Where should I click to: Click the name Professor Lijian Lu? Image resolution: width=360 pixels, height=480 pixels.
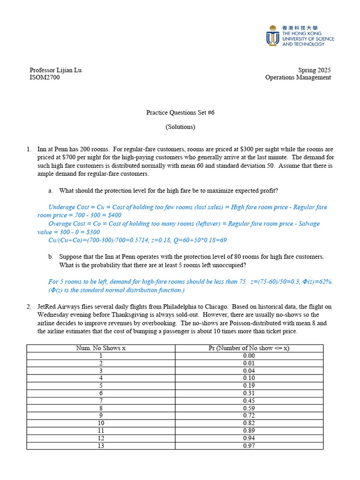[x=55, y=70]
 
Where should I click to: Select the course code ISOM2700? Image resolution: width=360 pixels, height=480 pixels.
[x=45, y=77]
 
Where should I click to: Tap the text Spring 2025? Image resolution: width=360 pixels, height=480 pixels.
[x=314, y=70]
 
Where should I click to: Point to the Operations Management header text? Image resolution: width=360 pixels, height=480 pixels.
[x=298, y=77]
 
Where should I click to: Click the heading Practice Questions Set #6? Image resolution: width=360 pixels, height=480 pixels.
[x=180, y=112]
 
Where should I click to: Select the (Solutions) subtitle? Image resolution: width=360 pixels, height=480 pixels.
[x=180, y=127]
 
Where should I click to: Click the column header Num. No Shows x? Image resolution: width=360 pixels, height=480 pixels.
[x=101, y=348]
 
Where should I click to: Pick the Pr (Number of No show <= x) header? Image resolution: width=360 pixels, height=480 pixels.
[x=249, y=348]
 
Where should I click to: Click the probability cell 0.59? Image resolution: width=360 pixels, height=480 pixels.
[x=249, y=408]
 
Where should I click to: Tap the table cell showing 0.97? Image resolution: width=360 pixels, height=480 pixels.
[x=249, y=446]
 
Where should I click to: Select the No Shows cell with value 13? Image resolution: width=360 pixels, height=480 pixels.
[x=101, y=446]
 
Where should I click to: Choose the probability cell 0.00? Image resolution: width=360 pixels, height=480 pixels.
[x=249, y=356]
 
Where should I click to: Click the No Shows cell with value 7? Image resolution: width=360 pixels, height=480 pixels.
[x=101, y=401]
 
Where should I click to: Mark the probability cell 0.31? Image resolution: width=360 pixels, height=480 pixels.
[x=249, y=393]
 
